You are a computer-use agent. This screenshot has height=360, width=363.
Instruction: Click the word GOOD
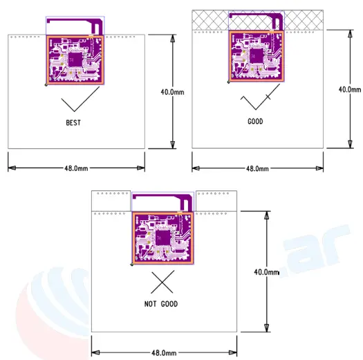[255, 121]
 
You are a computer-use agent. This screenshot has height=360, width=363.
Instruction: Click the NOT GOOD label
[162, 304]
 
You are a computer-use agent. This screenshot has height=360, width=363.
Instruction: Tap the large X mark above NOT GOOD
[162, 283]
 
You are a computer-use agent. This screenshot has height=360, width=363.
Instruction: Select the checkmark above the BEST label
[75, 104]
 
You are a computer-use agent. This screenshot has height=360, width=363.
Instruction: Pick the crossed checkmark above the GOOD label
[255, 102]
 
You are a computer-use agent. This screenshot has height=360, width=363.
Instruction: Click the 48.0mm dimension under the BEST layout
[76, 168]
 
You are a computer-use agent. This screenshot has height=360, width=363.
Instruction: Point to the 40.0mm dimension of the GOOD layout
[349, 89]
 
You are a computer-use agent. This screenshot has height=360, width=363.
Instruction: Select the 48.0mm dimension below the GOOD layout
[257, 168]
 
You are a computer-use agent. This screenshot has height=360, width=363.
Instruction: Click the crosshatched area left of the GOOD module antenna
[210, 19]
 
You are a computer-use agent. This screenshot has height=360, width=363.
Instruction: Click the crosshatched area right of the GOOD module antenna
[305, 19]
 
